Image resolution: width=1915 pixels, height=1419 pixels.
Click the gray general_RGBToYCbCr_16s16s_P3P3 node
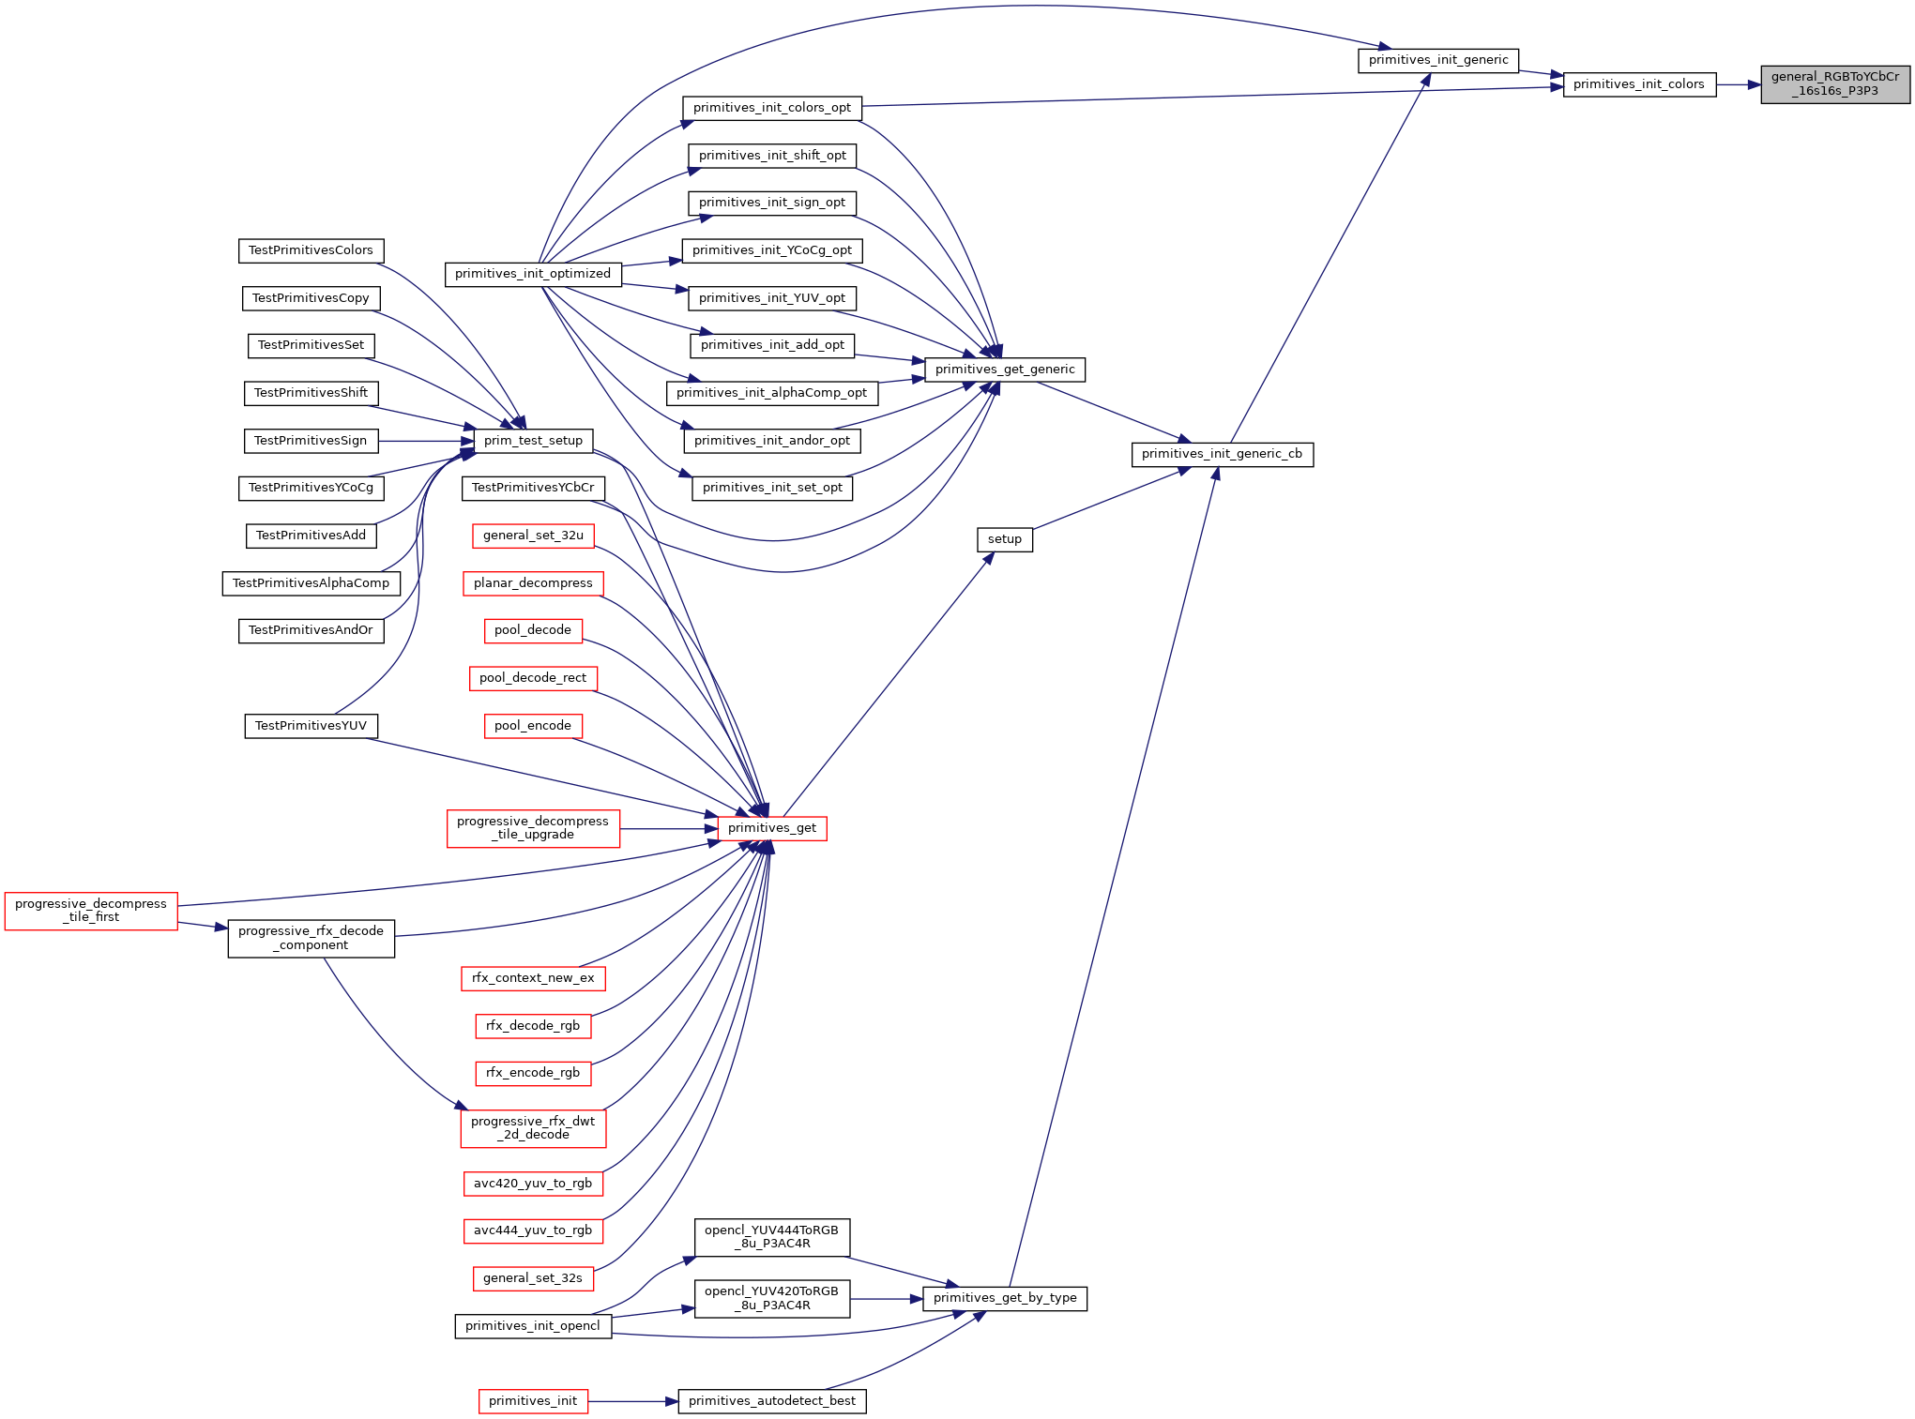(x=1835, y=84)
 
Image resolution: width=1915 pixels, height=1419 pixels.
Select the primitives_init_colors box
(x=1639, y=84)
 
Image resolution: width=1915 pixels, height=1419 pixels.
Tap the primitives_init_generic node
(x=1438, y=60)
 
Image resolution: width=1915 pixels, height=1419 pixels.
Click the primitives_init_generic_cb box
(x=1222, y=454)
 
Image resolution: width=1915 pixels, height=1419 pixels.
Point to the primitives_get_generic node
(x=1005, y=370)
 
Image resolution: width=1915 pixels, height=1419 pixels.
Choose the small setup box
(x=1005, y=539)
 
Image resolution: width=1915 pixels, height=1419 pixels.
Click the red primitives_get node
(x=772, y=828)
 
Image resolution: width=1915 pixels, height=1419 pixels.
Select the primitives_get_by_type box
(x=1005, y=1298)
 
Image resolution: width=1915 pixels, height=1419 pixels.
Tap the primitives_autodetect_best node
(x=772, y=1401)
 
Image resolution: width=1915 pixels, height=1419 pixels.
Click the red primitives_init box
(x=533, y=1401)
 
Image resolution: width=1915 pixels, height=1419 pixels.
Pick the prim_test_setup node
(x=533, y=441)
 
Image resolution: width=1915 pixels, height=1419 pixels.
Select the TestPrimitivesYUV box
(x=312, y=726)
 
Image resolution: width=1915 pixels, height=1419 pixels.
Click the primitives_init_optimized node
(x=533, y=274)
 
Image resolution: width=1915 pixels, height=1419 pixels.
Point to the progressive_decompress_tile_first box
(x=91, y=911)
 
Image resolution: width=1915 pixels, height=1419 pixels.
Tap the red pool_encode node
(x=533, y=726)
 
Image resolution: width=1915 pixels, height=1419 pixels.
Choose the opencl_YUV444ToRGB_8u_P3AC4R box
(x=772, y=1237)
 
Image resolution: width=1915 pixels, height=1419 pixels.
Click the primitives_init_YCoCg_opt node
(x=772, y=250)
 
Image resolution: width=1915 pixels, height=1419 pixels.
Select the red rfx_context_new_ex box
(x=533, y=978)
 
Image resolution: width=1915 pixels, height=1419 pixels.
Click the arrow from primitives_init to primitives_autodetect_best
(x=633, y=1401)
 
